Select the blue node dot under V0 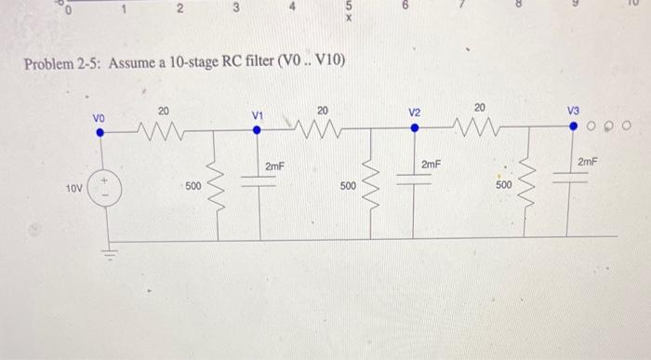(x=101, y=132)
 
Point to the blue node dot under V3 (x=575, y=126)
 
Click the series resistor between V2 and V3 (x=480, y=124)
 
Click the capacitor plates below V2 (x=416, y=180)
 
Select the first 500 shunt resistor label (x=193, y=186)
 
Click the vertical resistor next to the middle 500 (x=376, y=184)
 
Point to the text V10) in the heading (x=329, y=61)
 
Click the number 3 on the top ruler (x=236, y=8)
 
